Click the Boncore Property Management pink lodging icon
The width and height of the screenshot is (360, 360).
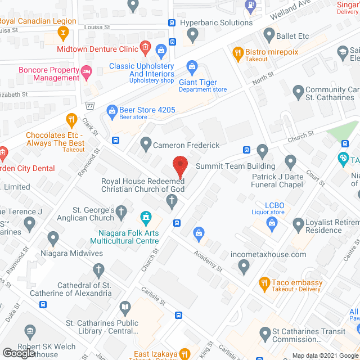point(86,71)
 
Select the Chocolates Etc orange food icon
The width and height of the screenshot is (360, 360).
point(71,119)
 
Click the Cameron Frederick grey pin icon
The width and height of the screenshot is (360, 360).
point(146,145)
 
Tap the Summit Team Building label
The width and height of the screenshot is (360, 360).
point(235,166)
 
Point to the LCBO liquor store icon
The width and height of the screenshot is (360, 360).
point(272,223)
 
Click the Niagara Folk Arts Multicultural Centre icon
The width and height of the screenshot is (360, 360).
point(146,217)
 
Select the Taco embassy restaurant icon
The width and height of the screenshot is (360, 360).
point(263,283)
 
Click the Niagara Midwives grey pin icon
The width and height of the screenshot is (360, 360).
point(53,238)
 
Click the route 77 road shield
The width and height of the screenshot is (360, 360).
point(89,106)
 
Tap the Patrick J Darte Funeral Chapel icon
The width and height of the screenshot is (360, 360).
point(290,163)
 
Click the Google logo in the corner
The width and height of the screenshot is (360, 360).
point(18,353)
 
